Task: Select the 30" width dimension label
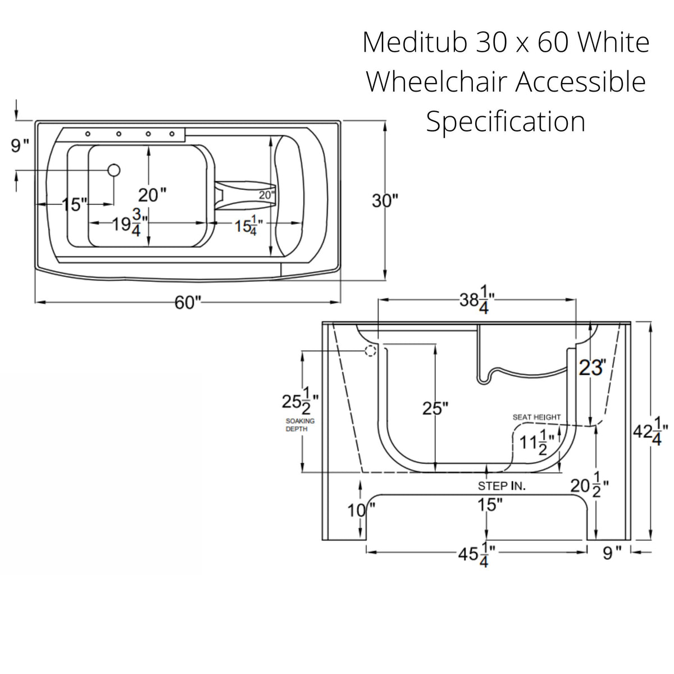coord(385,201)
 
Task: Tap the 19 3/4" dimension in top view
coord(128,224)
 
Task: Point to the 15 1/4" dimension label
coord(248,225)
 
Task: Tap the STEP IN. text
coord(502,486)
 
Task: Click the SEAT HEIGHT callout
coord(536,417)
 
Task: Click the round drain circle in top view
coord(114,169)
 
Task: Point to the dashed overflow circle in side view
coord(370,351)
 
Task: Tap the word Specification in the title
coord(505,121)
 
